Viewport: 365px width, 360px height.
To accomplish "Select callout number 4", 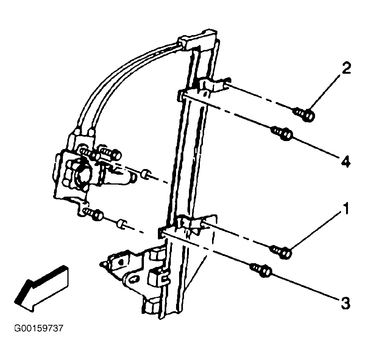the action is coord(346,161).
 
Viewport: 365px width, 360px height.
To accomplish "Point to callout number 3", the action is coord(345,303).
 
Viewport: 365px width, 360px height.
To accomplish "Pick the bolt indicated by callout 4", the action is coord(282,133).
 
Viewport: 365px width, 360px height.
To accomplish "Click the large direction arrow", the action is coord(41,289).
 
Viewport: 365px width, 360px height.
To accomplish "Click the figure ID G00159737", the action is coord(39,328).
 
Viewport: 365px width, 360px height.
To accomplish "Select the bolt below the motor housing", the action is coord(93,214).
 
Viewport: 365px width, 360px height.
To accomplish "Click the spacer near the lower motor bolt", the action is coord(122,223).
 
